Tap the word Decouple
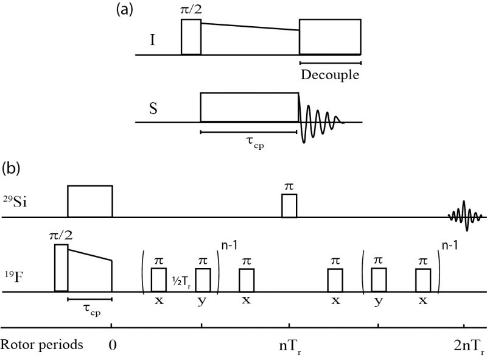click(330, 76)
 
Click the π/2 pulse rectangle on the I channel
click(191, 37)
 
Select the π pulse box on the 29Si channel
click(289, 205)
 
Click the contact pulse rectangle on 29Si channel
click(89, 201)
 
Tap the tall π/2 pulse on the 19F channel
click(61, 268)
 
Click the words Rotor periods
click(41, 344)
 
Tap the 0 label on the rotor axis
click(112, 344)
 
